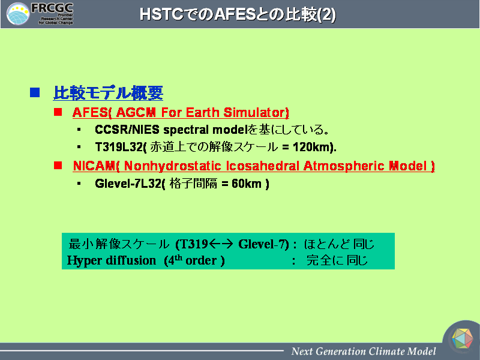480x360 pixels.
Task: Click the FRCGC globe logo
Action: [19, 14]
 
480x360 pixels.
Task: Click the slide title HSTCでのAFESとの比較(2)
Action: [238, 14]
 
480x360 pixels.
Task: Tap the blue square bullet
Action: [35, 92]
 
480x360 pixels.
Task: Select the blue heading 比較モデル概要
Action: [108, 93]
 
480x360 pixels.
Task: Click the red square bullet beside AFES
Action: [58, 112]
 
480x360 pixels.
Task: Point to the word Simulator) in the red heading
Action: [256, 113]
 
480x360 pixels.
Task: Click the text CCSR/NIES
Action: [127, 130]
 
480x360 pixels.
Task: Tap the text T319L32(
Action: [121, 147]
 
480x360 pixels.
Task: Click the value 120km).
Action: [314, 147]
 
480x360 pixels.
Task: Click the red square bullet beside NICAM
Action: [58, 166]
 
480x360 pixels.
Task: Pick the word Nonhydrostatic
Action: [173, 166]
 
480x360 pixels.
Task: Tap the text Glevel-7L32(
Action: [130, 184]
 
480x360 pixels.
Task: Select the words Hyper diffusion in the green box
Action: [112, 260]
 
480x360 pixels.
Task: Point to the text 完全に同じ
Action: [337, 260]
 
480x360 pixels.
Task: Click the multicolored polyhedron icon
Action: [462, 338]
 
